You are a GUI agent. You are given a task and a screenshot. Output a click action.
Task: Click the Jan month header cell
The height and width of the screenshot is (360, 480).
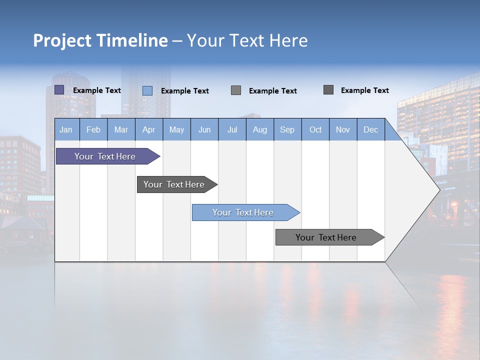(66, 129)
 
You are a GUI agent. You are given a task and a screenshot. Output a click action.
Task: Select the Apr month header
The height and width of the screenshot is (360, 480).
(149, 129)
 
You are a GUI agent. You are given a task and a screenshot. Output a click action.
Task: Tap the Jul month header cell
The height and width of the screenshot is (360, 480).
(232, 129)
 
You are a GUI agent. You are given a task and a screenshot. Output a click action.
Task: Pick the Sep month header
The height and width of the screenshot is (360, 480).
(287, 129)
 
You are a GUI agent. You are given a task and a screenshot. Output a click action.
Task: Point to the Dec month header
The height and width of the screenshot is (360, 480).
(370, 129)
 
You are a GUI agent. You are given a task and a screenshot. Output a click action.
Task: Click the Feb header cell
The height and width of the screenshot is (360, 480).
(93, 129)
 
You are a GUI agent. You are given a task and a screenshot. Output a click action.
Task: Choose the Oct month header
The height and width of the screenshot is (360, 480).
(315, 129)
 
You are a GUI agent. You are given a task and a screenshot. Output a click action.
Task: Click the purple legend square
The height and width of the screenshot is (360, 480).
(59, 90)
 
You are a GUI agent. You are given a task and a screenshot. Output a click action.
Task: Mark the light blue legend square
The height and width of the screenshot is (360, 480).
(147, 90)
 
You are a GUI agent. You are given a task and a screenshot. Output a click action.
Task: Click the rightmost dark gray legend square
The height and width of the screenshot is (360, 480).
(328, 90)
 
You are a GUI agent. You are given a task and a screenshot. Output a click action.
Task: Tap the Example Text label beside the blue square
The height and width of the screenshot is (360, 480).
(184, 91)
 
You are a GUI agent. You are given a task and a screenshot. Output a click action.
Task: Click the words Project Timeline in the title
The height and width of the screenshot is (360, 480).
(100, 40)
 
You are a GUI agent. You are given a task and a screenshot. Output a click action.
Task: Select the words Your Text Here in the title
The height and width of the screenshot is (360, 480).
(247, 40)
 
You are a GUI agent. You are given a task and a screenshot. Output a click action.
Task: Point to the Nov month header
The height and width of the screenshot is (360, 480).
(343, 129)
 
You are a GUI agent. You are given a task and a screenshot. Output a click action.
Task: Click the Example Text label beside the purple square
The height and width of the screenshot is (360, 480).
(96, 90)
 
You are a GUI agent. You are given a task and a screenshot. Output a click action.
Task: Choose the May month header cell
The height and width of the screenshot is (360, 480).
(176, 129)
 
